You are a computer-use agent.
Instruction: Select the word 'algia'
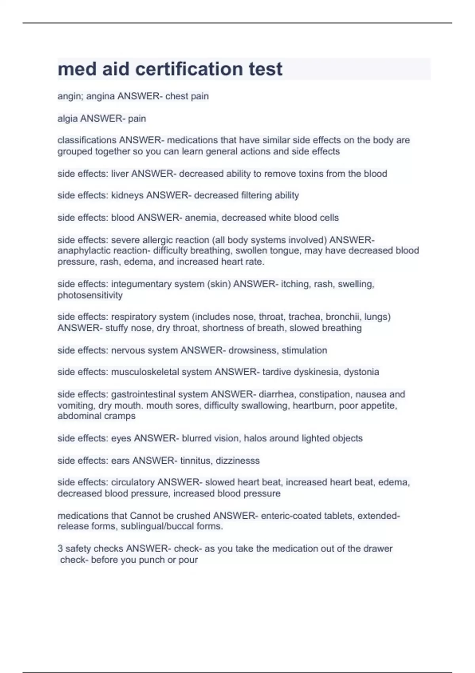point(68,118)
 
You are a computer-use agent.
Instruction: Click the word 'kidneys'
point(127,195)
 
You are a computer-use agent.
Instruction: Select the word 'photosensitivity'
point(90,295)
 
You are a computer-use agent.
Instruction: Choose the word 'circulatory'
point(133,482)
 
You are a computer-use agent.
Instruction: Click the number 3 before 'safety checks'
point(60,549)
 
